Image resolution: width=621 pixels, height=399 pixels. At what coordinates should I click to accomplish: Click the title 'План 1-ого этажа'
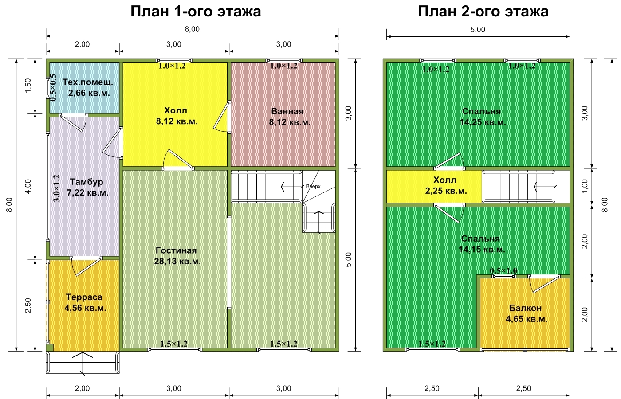pos(196,12)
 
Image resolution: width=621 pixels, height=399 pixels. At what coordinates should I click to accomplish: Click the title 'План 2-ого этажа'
pos(483,12)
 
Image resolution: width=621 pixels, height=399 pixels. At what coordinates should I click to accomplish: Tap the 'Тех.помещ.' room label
pos(88,82)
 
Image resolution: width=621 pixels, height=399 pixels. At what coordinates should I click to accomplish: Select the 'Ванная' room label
pos(287,111)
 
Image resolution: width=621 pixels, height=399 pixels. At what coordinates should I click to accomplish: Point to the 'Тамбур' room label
pos(86,182)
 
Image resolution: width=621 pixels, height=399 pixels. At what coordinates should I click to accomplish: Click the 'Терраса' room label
pos(84,297)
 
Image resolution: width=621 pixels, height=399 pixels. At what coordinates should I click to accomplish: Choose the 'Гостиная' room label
pos(176,250)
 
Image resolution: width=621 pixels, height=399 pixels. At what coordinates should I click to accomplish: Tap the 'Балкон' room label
pos(525,308)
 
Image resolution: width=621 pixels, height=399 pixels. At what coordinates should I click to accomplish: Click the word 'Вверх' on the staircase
pos(313,187)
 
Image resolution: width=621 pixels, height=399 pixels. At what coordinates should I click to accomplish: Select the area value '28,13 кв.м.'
pos(177,261)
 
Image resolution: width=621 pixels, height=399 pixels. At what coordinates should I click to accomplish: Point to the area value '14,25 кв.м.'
pos(483,122)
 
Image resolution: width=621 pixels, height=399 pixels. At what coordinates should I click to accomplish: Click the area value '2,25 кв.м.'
pos(446,191)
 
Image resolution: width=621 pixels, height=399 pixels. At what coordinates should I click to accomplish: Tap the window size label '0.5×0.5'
pos(53,88)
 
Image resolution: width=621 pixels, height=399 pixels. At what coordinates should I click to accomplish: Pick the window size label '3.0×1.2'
pos(57,188)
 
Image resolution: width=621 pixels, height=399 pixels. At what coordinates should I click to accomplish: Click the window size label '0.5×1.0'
pos(503,271)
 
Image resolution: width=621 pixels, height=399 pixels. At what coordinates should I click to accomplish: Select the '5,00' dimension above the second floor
pos(478,30)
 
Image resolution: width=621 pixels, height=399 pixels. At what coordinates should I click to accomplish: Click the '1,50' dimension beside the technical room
pos(28,86)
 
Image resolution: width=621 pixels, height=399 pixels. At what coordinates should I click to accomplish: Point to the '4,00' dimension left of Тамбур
pos(28,187)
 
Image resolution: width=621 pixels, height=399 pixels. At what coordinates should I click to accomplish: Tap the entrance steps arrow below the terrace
pos(83,364)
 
